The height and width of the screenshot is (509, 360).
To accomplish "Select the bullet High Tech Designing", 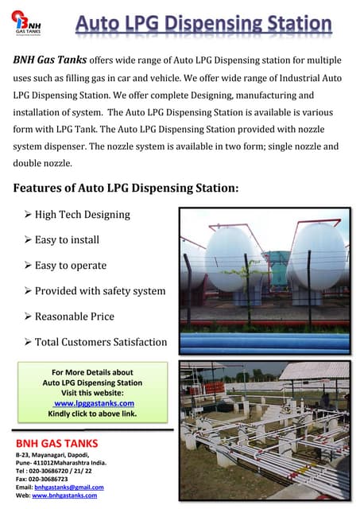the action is click(x=82, y=215).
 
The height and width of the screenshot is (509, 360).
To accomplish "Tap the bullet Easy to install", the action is click(x=67, y=240).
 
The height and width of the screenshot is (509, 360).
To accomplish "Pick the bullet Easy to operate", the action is click(x=71, y=266).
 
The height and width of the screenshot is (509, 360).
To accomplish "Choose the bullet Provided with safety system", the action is click(x=100, y=291).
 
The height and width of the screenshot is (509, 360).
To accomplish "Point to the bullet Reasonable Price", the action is click(x=75, y=317).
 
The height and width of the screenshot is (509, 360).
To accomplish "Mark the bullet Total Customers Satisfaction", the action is click(x=101, y=342).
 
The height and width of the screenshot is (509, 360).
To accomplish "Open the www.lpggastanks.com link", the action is click(x=94, y=404).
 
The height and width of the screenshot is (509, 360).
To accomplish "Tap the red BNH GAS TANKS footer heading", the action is click(x=57, y=442).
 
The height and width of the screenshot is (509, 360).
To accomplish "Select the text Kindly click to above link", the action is click(x=92, y=414).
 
